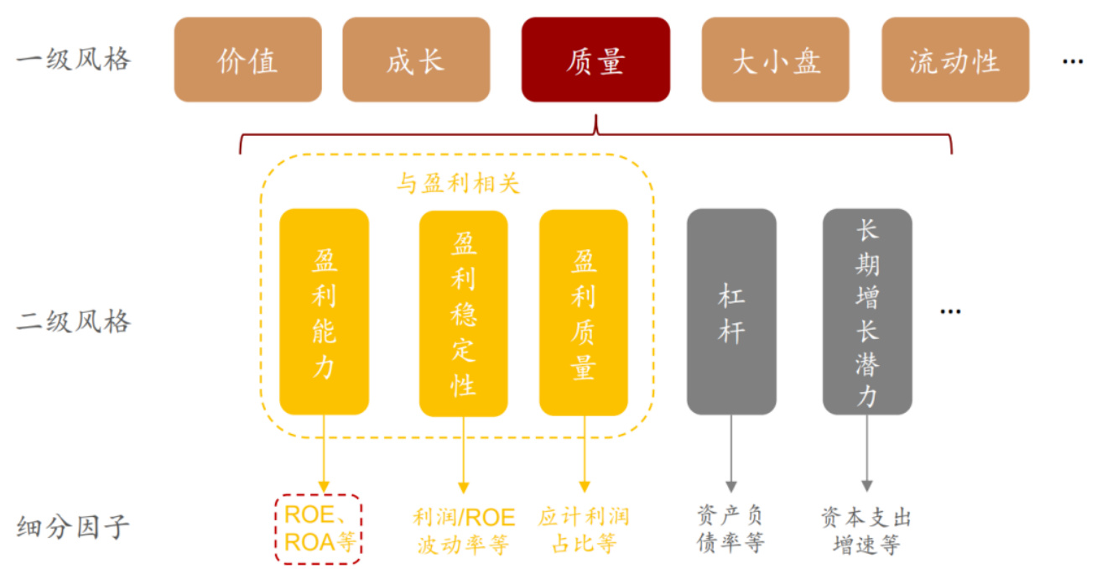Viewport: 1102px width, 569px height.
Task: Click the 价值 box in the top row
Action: (247, 60)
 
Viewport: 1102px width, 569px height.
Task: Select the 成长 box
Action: (415, 60)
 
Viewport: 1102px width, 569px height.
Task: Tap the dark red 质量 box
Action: (595, 60)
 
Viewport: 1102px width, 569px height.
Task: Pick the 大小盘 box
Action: (775, 60)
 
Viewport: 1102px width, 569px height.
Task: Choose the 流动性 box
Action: (954, 60)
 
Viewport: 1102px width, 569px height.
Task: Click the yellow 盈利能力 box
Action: (324, 311)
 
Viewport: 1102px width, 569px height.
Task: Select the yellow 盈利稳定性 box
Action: (463, 313)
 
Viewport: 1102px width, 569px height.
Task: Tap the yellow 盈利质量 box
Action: (584, 313)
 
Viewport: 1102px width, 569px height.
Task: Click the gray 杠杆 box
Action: (731, 311)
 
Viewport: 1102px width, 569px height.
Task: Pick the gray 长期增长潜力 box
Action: (866, 311)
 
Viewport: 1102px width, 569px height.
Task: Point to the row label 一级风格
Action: (73, 60)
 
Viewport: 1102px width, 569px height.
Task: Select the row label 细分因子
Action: (73, 528)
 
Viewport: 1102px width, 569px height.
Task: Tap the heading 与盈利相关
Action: (458, 184)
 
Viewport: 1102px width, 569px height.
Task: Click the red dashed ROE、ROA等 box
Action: (319, 529)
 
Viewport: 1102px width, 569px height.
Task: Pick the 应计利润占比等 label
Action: (584, 530)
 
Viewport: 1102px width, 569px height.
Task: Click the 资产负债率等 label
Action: (730, 530)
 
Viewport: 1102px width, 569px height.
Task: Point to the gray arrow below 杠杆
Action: (731, 453)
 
